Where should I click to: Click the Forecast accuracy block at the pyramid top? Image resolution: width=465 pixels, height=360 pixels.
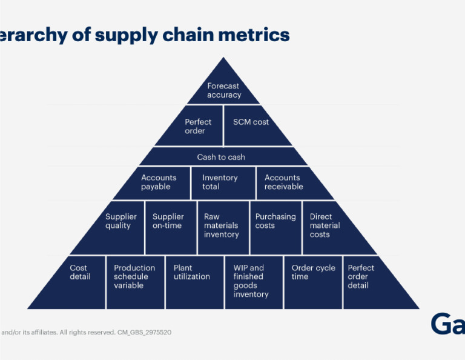[224, 90]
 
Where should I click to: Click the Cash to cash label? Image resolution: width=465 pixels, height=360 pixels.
[221, 157]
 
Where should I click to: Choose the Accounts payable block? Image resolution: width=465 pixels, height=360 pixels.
[159, 182]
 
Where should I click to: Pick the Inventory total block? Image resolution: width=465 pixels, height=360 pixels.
[220, 182]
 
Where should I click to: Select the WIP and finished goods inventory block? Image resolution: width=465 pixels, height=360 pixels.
[251, 281]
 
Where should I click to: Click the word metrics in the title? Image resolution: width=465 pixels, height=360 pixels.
[253, 35]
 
